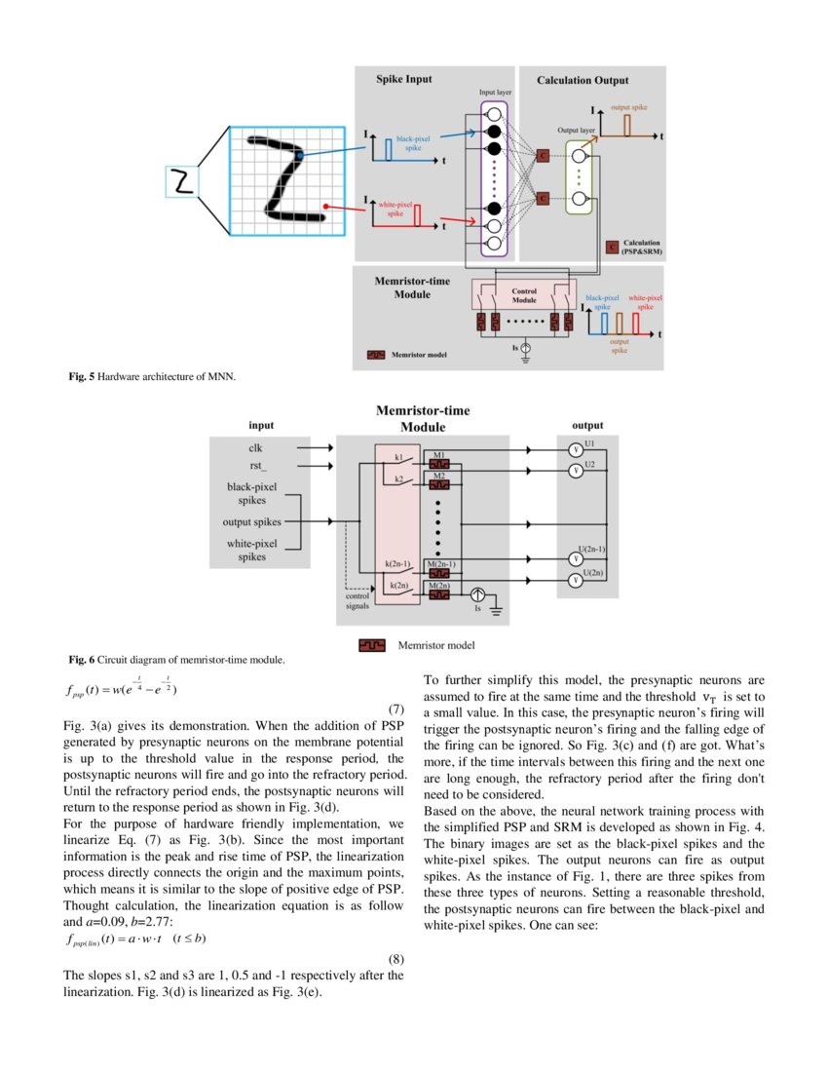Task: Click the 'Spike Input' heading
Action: [x=404, y=79]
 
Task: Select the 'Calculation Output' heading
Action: [x=583, y=80]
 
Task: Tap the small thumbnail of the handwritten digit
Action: [x=180, y=181]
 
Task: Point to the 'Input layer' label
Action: [x=495, y=92]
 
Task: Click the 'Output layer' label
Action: [x=576, y=129]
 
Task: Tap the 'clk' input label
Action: [x=254, y=448]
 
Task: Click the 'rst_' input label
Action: [x=254, y=466]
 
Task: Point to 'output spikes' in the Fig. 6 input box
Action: [x=252, y=522]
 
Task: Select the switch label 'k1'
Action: [x=398, y=457]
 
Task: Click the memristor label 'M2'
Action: [x=439, y=475]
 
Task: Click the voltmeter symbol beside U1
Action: [x=575, y=449]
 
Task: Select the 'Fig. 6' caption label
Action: [x=81, y=660]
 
